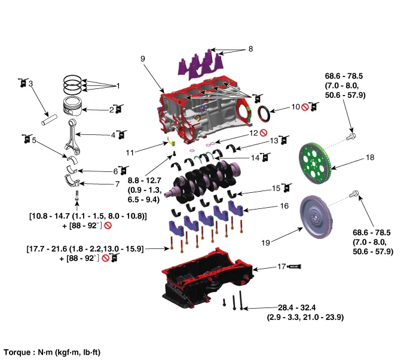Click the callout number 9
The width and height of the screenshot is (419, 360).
[x=143, y=59]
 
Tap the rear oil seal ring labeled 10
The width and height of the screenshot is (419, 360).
[x=263, y=113]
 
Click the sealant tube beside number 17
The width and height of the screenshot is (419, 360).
[x=295, y=267]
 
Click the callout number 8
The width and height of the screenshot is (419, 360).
[x=250, y=48]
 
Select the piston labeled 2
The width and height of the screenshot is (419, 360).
[x=73, y=107]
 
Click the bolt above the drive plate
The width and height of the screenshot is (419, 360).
[x=351, y=136]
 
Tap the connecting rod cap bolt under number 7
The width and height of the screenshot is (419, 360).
[x=76, y=195]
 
